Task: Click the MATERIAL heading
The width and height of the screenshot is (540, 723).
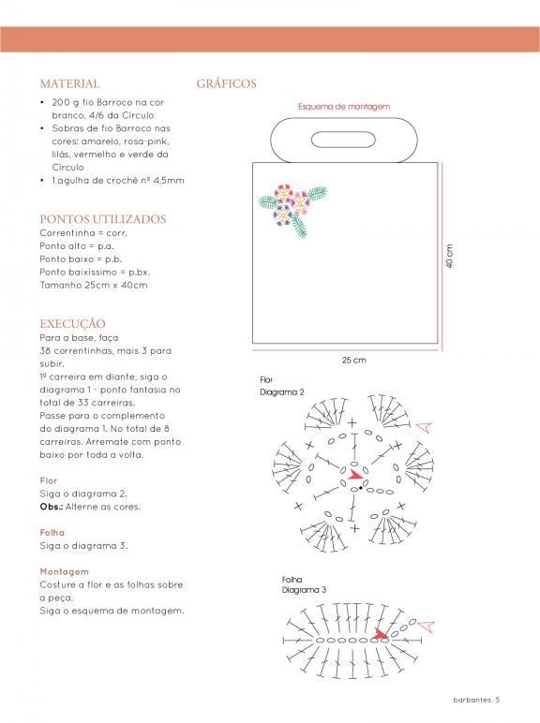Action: pos(69,84)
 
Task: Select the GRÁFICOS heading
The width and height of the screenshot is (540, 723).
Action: pos(226,83)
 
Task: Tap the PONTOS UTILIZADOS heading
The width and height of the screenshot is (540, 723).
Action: pos(103,219)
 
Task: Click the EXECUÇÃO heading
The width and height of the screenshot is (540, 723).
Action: pos(72,324)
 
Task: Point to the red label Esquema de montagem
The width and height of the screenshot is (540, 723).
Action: pos(344,107)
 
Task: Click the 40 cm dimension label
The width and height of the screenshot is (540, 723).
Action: pos(449,256)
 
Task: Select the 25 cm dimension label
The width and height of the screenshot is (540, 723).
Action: pos(354,361)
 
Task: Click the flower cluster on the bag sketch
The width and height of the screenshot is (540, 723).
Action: pos(292,210)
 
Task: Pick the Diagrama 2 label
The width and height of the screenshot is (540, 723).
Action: pos(282,392)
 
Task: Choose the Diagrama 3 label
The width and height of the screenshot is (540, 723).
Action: pos(304,590)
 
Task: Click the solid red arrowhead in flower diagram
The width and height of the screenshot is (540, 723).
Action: pos(355,475)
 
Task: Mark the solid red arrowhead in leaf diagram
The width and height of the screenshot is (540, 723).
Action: pos(382,634)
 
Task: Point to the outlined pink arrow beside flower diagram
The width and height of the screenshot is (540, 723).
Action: pos(424,427)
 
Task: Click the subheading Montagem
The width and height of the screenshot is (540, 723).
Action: pos(64,572)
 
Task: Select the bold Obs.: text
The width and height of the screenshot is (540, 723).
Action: pos(52,507)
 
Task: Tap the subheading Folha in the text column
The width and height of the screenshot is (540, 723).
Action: pos(52,533)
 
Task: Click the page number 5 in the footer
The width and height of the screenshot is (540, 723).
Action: pos(498,700)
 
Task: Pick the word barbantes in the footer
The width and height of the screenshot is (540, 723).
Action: pos(472,700)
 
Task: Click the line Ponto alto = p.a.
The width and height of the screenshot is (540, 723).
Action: pos(77,246)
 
